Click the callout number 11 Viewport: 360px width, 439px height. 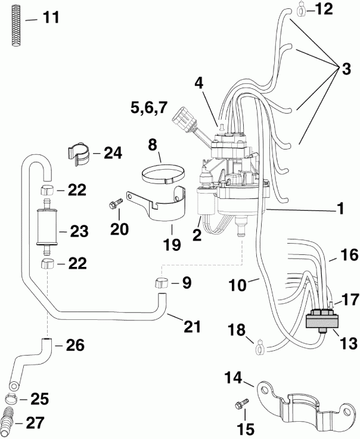click(52, 17)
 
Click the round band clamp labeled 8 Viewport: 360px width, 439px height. click(162, 175)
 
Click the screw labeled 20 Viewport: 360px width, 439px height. click(115, 206)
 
